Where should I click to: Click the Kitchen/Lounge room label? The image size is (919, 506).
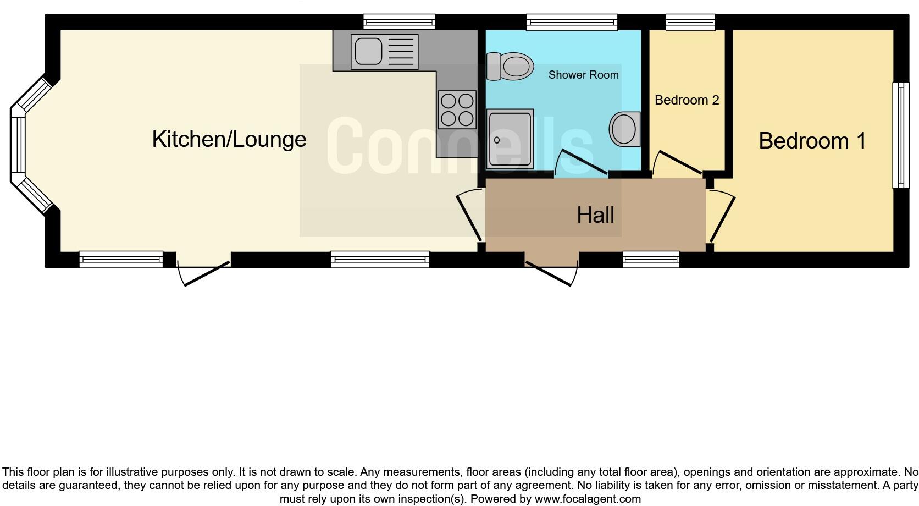[229, 139]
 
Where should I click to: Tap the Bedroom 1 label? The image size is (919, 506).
[812, 141]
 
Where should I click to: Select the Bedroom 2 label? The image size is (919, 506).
[687, 100]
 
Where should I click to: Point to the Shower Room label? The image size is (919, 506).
[583, 75]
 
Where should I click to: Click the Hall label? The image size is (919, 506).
[595, 215]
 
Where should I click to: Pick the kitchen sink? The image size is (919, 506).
[384, 52]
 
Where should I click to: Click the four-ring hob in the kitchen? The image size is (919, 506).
[457, 109]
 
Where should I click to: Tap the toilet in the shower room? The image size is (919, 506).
[510, 67]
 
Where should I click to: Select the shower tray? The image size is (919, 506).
[510, 139]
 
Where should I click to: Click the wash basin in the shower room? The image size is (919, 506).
[625, 129]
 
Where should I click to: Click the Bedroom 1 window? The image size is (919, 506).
[900, 135]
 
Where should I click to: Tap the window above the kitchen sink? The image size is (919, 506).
[399, 23]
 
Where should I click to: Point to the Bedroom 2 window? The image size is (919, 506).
[690, 23]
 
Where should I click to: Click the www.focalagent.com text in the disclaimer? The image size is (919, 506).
[588, 499]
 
